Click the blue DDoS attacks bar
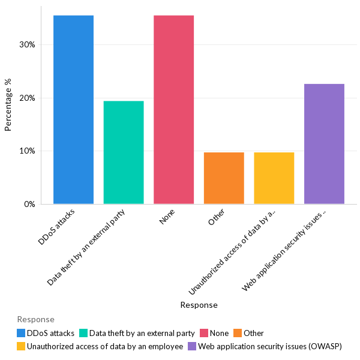pos(73,110)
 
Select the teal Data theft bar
pos(124,152)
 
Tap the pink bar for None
pos(173,110)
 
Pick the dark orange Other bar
pos(224,178)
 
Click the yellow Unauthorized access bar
pos(274,178)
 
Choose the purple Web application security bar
pos(324,144)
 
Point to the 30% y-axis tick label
pos(27,44)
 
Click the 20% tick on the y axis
pos(27,98)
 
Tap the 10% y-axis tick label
pos(27,151)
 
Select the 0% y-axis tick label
pos(29,204)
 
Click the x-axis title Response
pos(199,305)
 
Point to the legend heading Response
pos(35,319)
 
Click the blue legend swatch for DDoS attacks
pos(22,333)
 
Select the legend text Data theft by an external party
pos(142,333)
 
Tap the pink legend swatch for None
pos(205,333)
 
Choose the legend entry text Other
pos(253,333)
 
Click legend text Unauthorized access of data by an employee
pos(105,346)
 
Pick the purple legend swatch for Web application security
pos(192,346)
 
